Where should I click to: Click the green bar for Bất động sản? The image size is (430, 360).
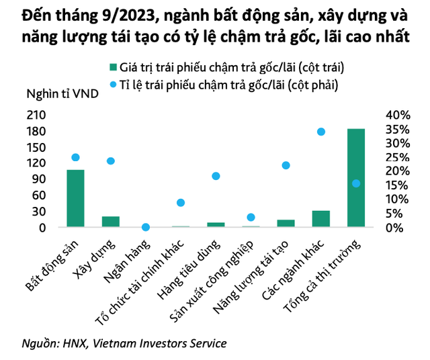75,198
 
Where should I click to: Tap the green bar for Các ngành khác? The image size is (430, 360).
320,219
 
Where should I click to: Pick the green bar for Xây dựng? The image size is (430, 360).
110,222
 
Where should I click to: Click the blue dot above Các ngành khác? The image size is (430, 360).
321,132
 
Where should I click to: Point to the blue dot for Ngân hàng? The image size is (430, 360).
145,227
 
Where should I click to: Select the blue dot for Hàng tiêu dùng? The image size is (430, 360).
216,176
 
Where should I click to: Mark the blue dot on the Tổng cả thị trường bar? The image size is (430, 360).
356,183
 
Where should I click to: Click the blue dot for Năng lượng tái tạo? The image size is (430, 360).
286,165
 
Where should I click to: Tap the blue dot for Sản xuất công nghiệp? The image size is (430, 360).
251,217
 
